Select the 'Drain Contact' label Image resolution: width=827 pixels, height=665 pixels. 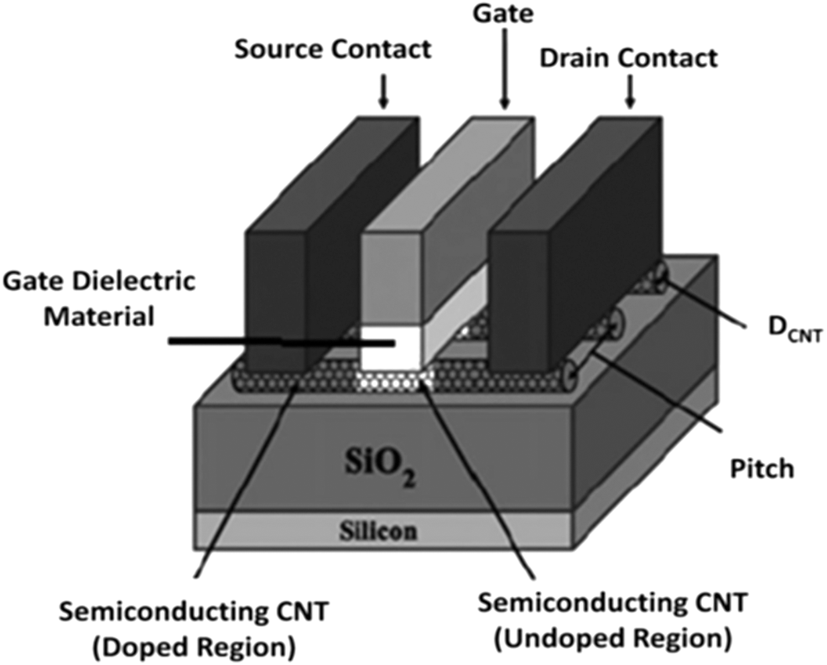tap(628, 59)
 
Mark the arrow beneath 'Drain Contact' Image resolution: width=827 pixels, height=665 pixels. tap(629, 93)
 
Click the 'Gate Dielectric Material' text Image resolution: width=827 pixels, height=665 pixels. tap(98, 299)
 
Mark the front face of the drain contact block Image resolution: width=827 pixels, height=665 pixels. tap(521, 302)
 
